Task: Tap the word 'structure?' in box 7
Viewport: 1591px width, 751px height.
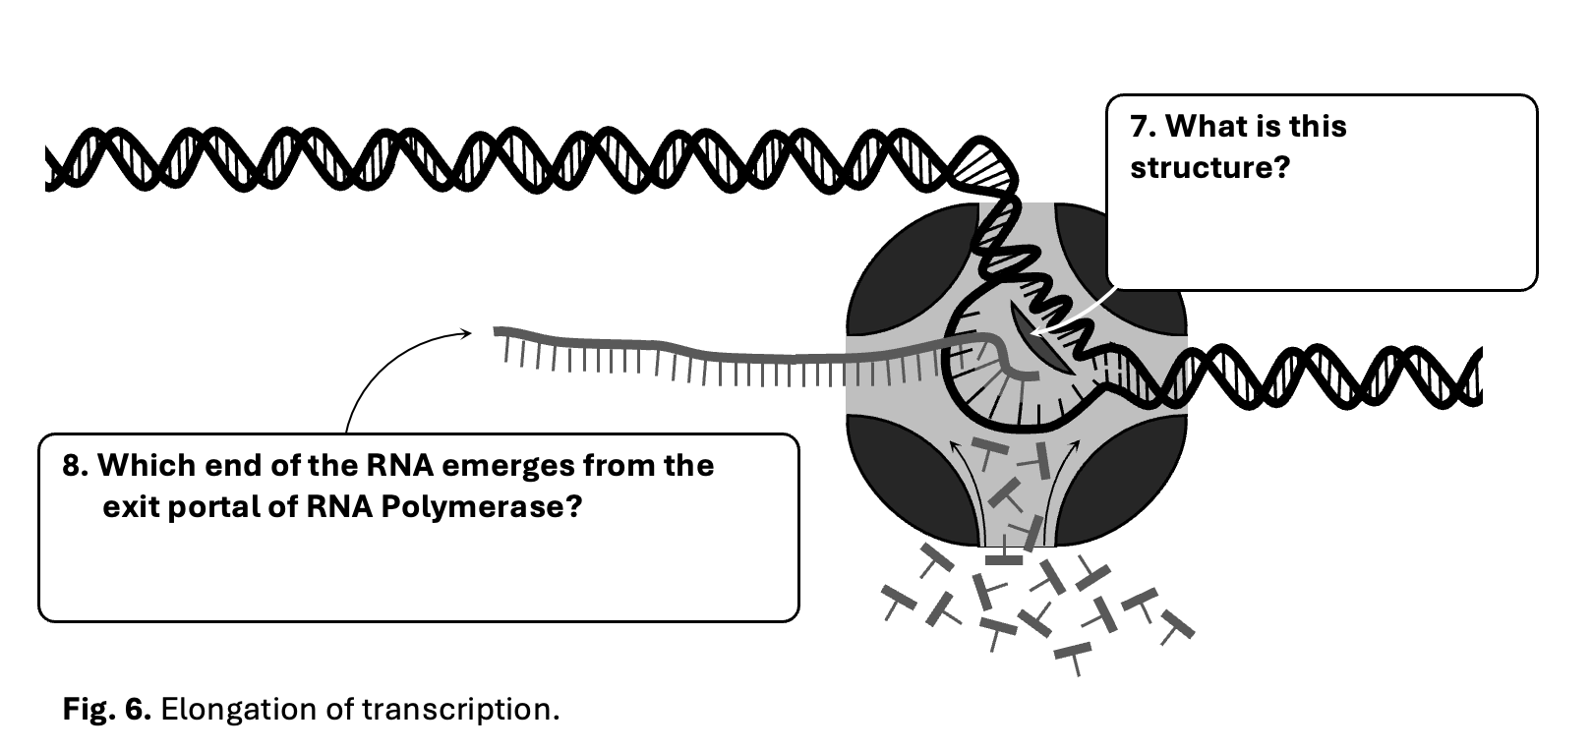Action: [x=1208, y=167]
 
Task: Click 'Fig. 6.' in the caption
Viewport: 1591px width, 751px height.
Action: [x=107, y=709]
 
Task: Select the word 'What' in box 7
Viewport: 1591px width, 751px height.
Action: [x=1208, y=127]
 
